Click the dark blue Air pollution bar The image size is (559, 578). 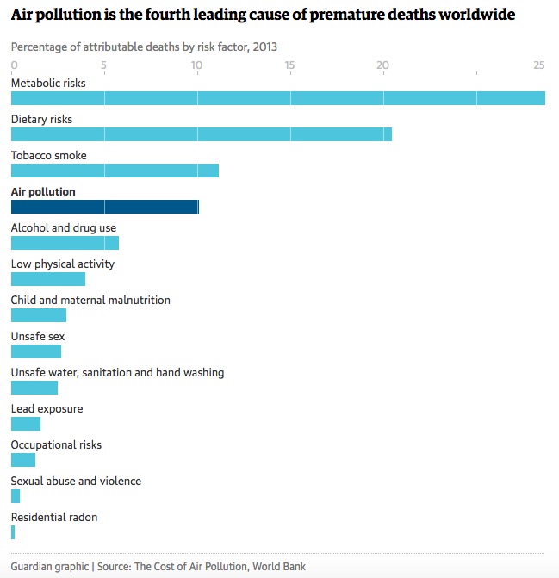point(104,207)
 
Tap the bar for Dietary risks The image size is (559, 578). point(201,134)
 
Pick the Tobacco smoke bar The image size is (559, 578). point(115,171)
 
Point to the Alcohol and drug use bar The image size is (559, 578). point(65,243)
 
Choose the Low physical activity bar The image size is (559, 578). point(48,279)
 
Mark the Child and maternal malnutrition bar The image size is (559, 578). point(39,315)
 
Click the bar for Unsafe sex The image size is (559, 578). point(36,351)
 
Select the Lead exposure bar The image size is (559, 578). point(26,424)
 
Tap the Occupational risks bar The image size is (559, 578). point(23,460)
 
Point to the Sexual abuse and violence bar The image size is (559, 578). point(16,496)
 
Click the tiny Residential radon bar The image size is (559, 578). point(13,532)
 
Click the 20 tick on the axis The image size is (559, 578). point(383,65)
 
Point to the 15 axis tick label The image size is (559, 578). point(289,65)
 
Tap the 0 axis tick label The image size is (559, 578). point(14,65)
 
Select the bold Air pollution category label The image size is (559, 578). point(43,192)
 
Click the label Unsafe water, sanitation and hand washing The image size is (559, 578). point(117,373)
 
